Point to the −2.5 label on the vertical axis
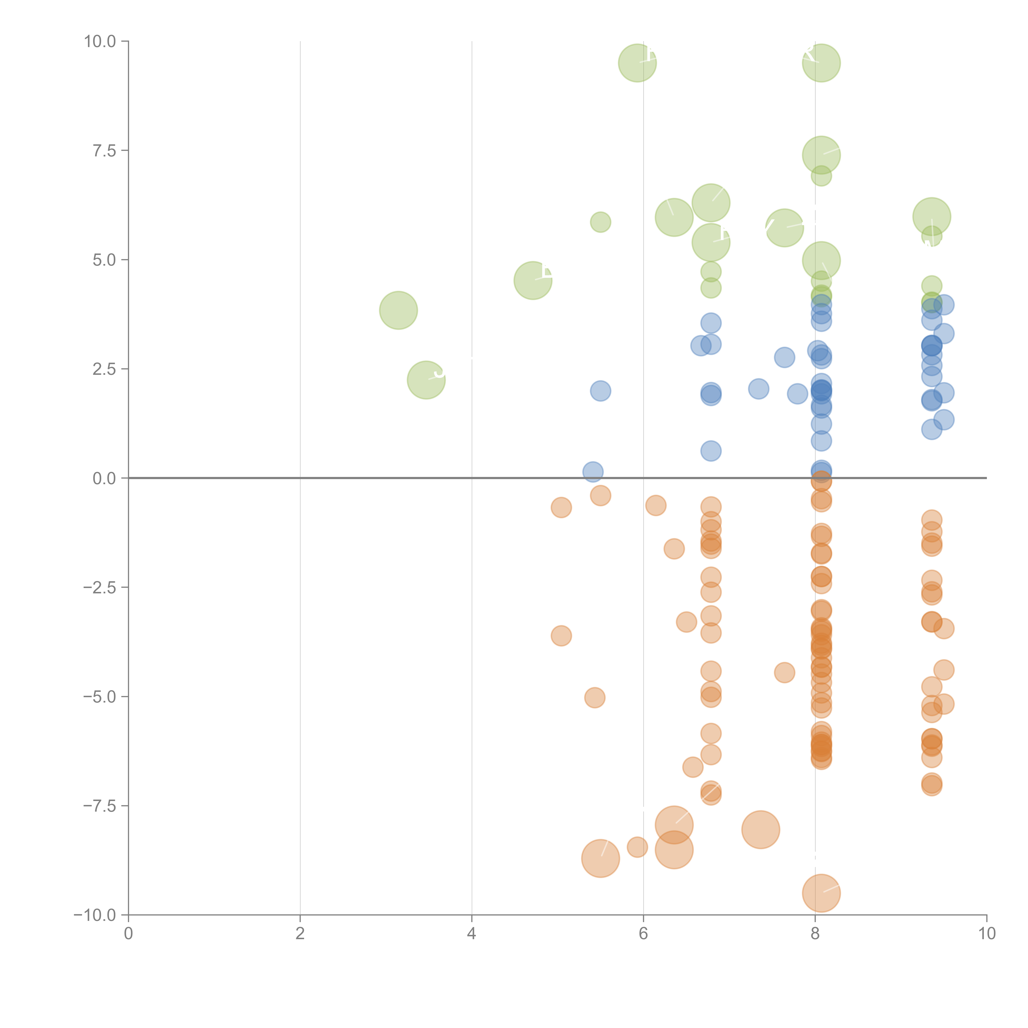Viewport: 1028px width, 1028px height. coord(100,587)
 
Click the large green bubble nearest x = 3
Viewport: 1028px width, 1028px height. coord(398,310)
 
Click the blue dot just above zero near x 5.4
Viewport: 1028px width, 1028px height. coord(593,471)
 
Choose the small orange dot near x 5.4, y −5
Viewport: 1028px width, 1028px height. coord(594,698)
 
